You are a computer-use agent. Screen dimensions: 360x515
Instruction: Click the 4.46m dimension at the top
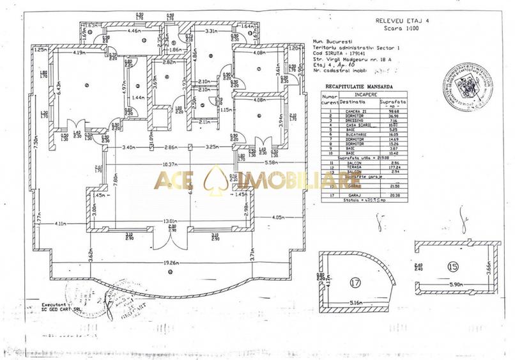[x=134, y=30]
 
